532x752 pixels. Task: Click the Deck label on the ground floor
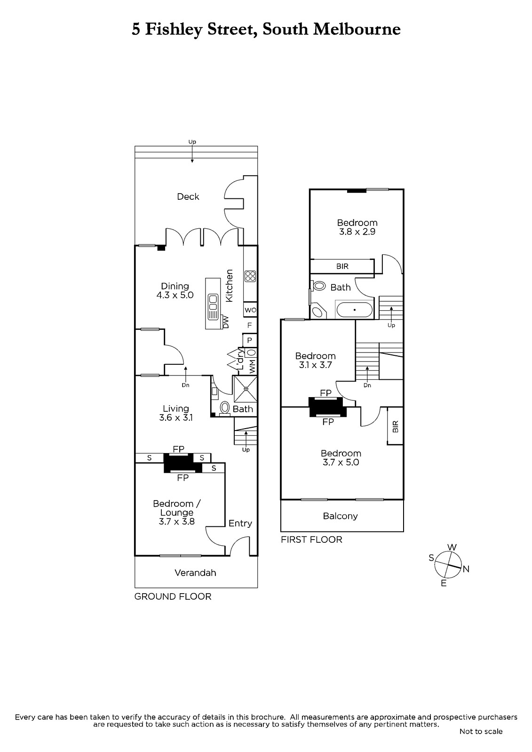pos(188,196)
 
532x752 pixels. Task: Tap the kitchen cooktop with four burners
pos(250,276)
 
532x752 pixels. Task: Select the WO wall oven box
pos(250,310)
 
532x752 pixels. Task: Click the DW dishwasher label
pos(225,322)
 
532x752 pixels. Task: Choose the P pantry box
pos(250,340)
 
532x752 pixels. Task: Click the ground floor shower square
pos(246,389)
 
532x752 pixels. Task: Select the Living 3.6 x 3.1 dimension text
pos(176,418)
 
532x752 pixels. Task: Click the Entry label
pos(240,523)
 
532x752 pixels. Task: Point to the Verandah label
pos(195,573)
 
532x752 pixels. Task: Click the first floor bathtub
pos(354,310)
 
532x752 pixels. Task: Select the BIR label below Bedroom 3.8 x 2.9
pos(342,266)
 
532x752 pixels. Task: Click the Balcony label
pos(340,516)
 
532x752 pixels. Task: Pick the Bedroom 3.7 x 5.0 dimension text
pos(341,462)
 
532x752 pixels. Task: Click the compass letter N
pos(466,569)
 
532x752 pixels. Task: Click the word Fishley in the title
pos(174,30)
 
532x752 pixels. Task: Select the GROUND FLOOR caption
pos(173,596)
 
